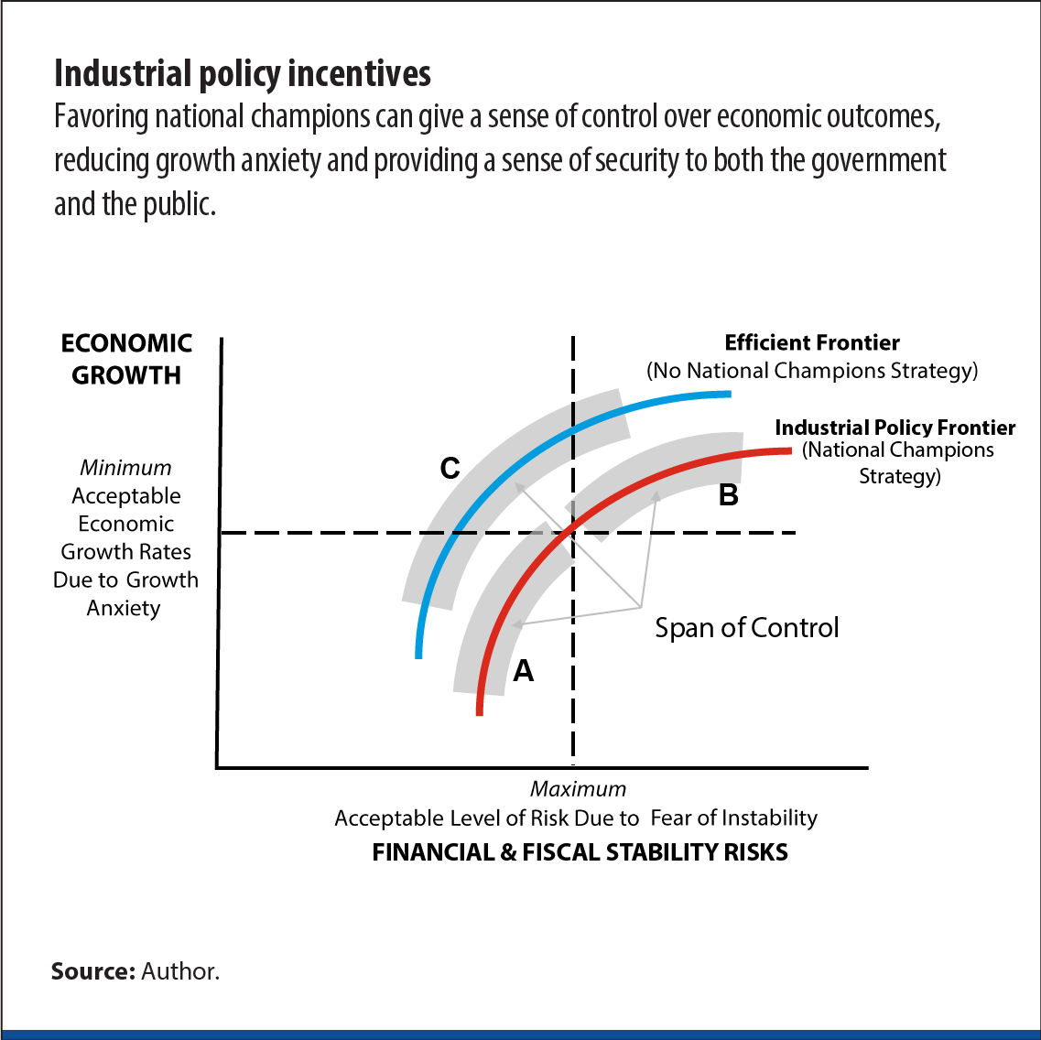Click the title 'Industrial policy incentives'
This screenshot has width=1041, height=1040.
[x=243, y=73]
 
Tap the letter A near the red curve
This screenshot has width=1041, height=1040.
[x=523, y=671]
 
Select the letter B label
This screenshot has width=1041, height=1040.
[x=729, y=495]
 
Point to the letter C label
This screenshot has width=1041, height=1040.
[x=450, y=469]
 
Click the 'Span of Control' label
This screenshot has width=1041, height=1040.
[x=746, y=628]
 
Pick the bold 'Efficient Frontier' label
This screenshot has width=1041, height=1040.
[x=812, y=343]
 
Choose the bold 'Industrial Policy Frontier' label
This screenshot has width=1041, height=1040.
[x=895, y=428]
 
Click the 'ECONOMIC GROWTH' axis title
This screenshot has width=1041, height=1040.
[x=126, y=359]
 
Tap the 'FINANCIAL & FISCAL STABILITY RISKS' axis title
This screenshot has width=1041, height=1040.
[x=580, y=852]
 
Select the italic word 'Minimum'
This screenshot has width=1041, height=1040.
[x=125, y=468]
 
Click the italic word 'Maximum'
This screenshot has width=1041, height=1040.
[x=579, y=789]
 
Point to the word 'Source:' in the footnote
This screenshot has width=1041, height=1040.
[x=92, y=971]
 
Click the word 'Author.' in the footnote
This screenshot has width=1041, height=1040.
[x=180, y=971]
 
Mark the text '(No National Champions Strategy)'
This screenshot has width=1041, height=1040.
[x=812, y=371]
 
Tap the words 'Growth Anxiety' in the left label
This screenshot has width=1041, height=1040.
[x=125, y=594]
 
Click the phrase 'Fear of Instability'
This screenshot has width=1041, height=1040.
[x=733, y=818]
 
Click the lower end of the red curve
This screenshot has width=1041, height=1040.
[x=479, y=711]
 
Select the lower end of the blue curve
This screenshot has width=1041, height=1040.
[x=418, y=655]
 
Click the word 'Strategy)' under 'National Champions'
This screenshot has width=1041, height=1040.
[x=899, y=477]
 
